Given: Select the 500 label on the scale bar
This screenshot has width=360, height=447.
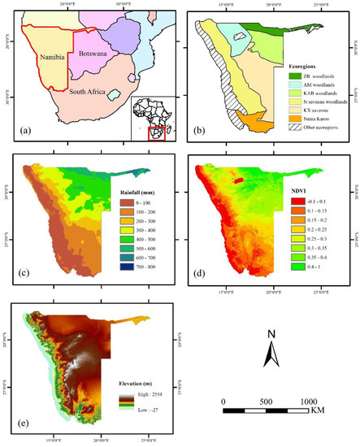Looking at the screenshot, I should coord(265,403).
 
